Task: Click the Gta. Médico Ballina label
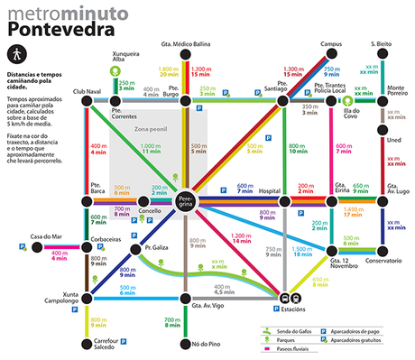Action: click(x=185, y=43)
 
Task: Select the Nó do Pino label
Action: click(x=183, y=343)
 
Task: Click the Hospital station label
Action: click(x=270, y=191)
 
